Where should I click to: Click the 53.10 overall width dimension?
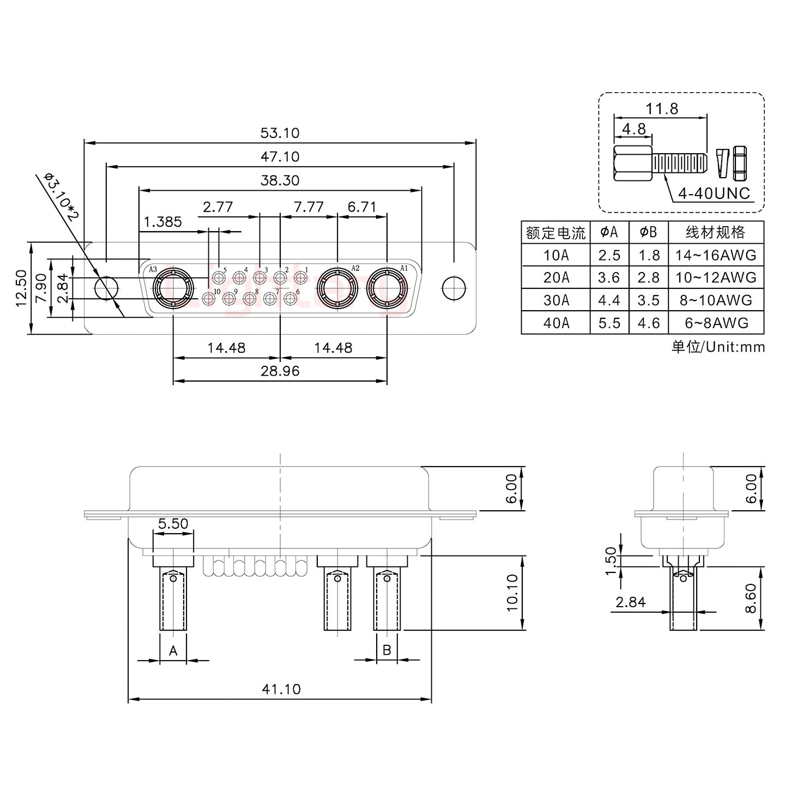coord(280,133)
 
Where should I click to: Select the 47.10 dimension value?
coord(280,157)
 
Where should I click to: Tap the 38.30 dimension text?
coord(280,180)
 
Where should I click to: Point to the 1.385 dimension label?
coord(163,222)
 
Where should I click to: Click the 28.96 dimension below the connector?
coord(280,371)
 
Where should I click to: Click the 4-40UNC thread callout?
coord(714,194)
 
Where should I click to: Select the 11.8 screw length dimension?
coord(662,109)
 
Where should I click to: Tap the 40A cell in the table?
coord(555,323)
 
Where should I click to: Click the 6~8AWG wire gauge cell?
coord(716,323)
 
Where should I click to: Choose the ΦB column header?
coord(648,233)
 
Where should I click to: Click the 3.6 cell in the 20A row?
coord(609,278)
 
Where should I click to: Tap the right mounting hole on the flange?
coord(454,288)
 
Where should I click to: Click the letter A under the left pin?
coord(173,650)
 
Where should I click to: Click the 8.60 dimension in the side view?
coord(751,598)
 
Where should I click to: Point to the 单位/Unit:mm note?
coord(718,347)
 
